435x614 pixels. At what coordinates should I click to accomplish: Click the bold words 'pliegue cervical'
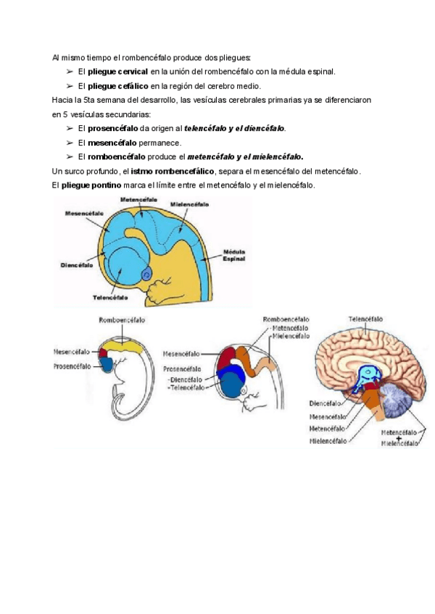(117, 72)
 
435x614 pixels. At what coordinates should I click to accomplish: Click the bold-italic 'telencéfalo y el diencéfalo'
(235, 128)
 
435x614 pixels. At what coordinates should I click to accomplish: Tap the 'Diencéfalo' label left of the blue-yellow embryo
(76, 266)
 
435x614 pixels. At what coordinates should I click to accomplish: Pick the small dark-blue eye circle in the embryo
(148, 274)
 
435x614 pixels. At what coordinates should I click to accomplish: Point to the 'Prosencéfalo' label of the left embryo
(72, 366)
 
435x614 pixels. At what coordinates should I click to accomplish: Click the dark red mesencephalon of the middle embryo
(230, 358)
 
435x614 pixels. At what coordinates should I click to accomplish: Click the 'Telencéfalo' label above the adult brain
(366, 319)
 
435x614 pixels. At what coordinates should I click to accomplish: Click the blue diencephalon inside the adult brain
(371, 378)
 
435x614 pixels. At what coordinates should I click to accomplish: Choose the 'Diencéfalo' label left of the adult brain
(324, 403)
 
